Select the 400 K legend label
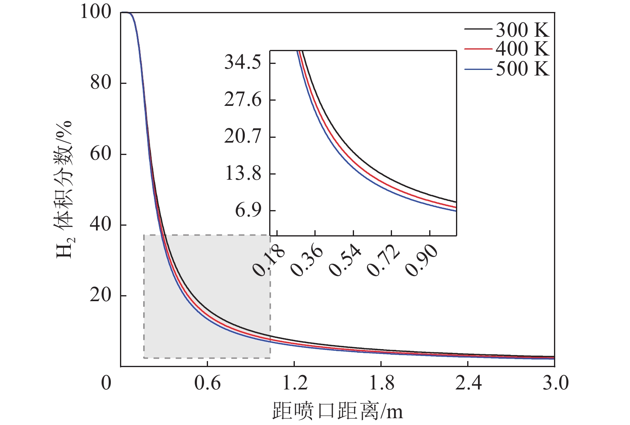click(522, 49)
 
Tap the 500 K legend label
click(522, 69)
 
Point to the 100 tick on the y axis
click(96, 12)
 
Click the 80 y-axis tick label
click(101, 83)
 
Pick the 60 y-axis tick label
click(101, 154)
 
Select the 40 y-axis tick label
click(101, 224)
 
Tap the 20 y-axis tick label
click(101, 295)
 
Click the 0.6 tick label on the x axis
click(207, 383)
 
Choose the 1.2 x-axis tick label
click(294, 383)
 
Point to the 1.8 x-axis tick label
click(381, 383)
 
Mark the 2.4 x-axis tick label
click(468, 383)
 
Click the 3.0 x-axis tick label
click(555, 383)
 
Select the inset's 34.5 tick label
click(243, 63)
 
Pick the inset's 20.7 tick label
click(243, 137)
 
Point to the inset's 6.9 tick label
click(248, 210)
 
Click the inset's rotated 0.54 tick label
click(345, 262)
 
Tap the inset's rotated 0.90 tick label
click(421, 262)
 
